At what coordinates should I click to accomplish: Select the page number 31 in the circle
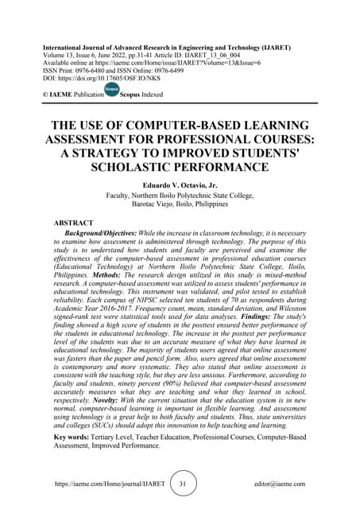(183, 484)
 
